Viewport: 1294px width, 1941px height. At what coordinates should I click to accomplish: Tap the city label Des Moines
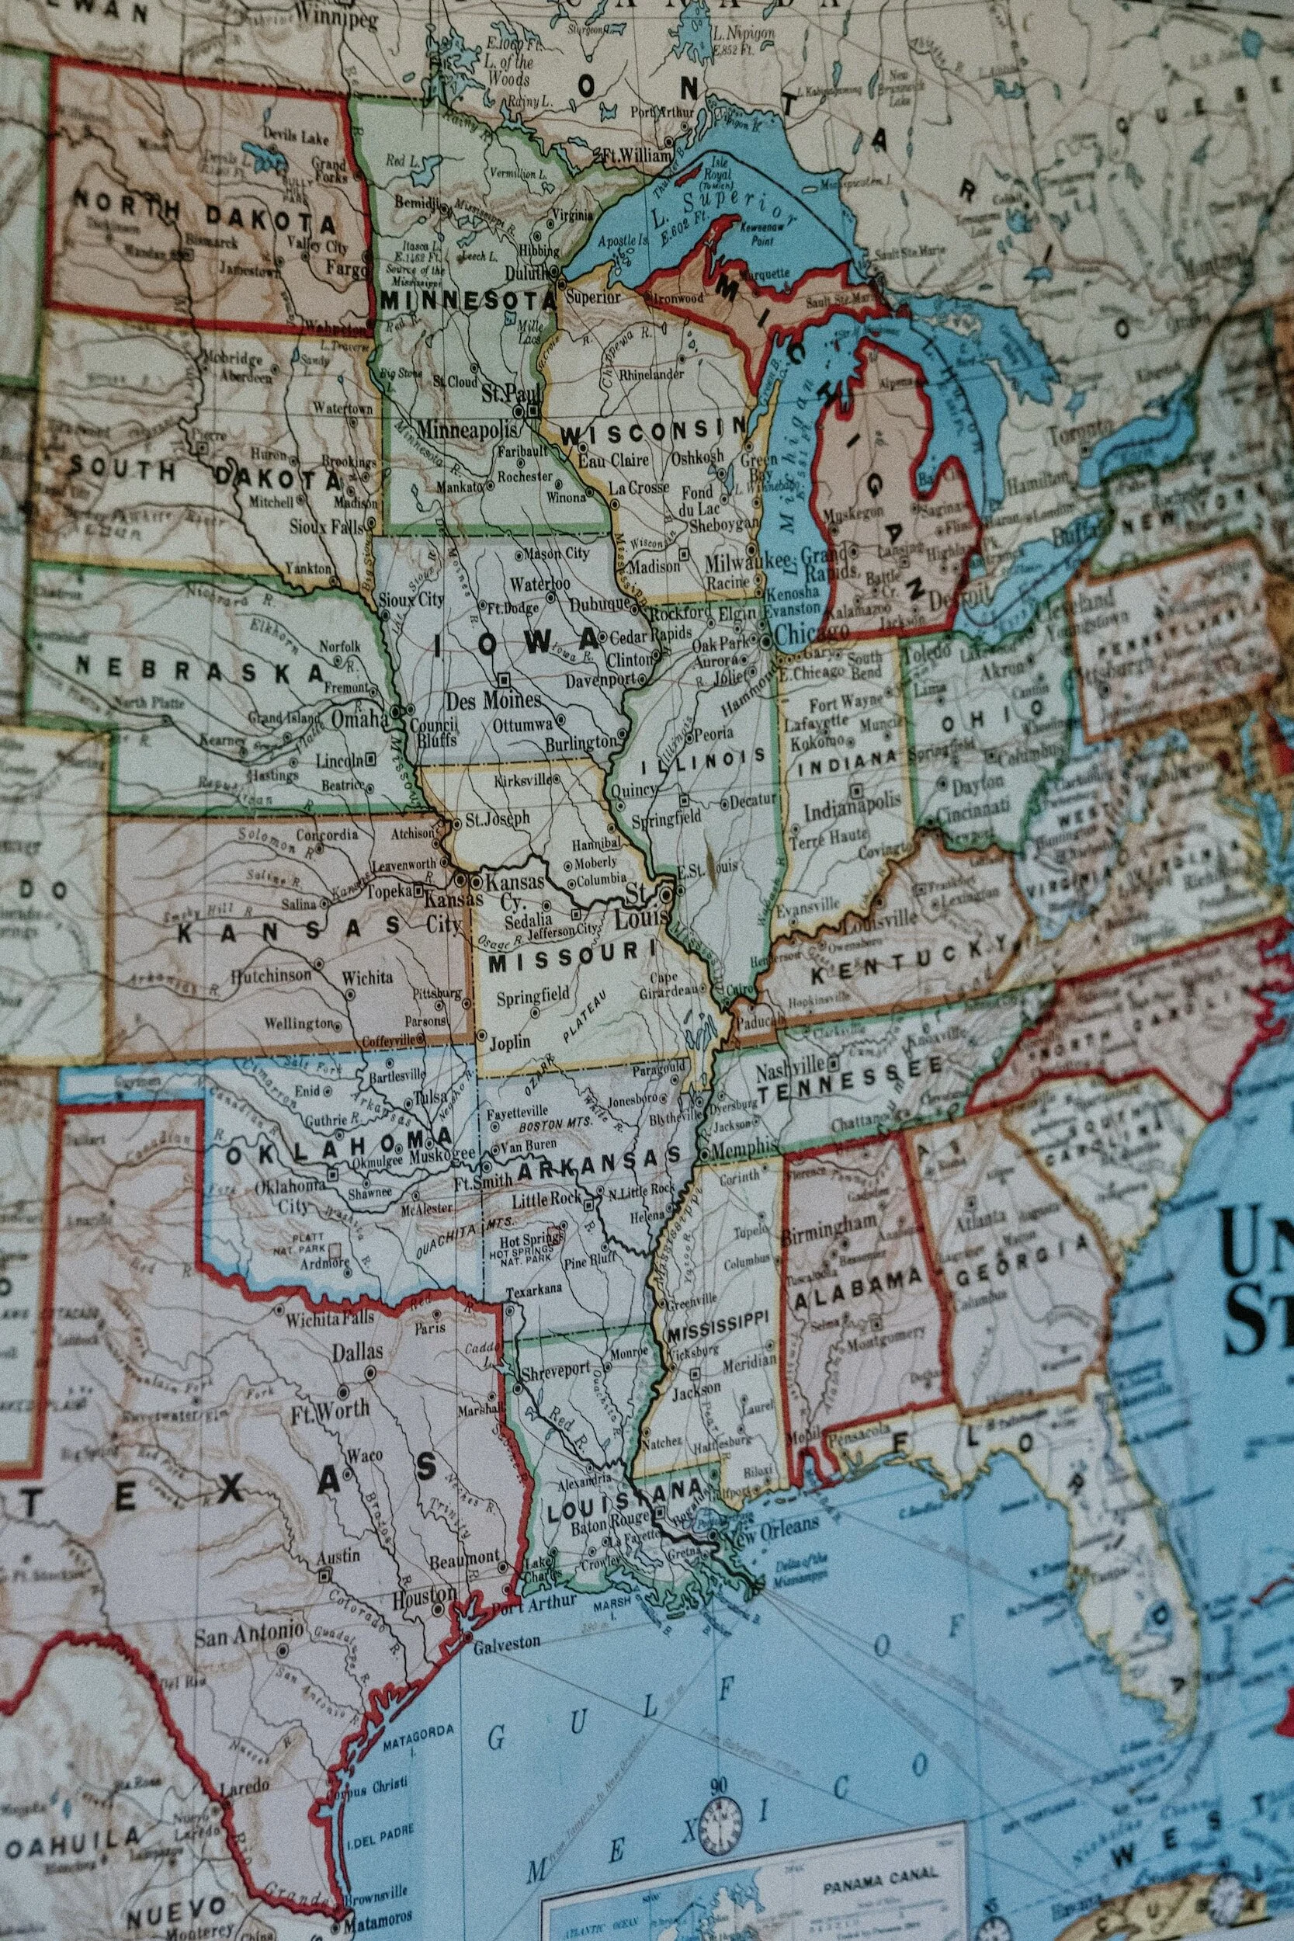494,701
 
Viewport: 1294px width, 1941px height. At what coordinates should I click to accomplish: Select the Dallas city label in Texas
357,1352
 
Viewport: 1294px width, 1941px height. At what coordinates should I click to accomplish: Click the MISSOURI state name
575,957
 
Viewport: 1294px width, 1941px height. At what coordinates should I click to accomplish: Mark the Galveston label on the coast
507,1642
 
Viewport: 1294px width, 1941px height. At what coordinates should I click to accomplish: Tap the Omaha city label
359,720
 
